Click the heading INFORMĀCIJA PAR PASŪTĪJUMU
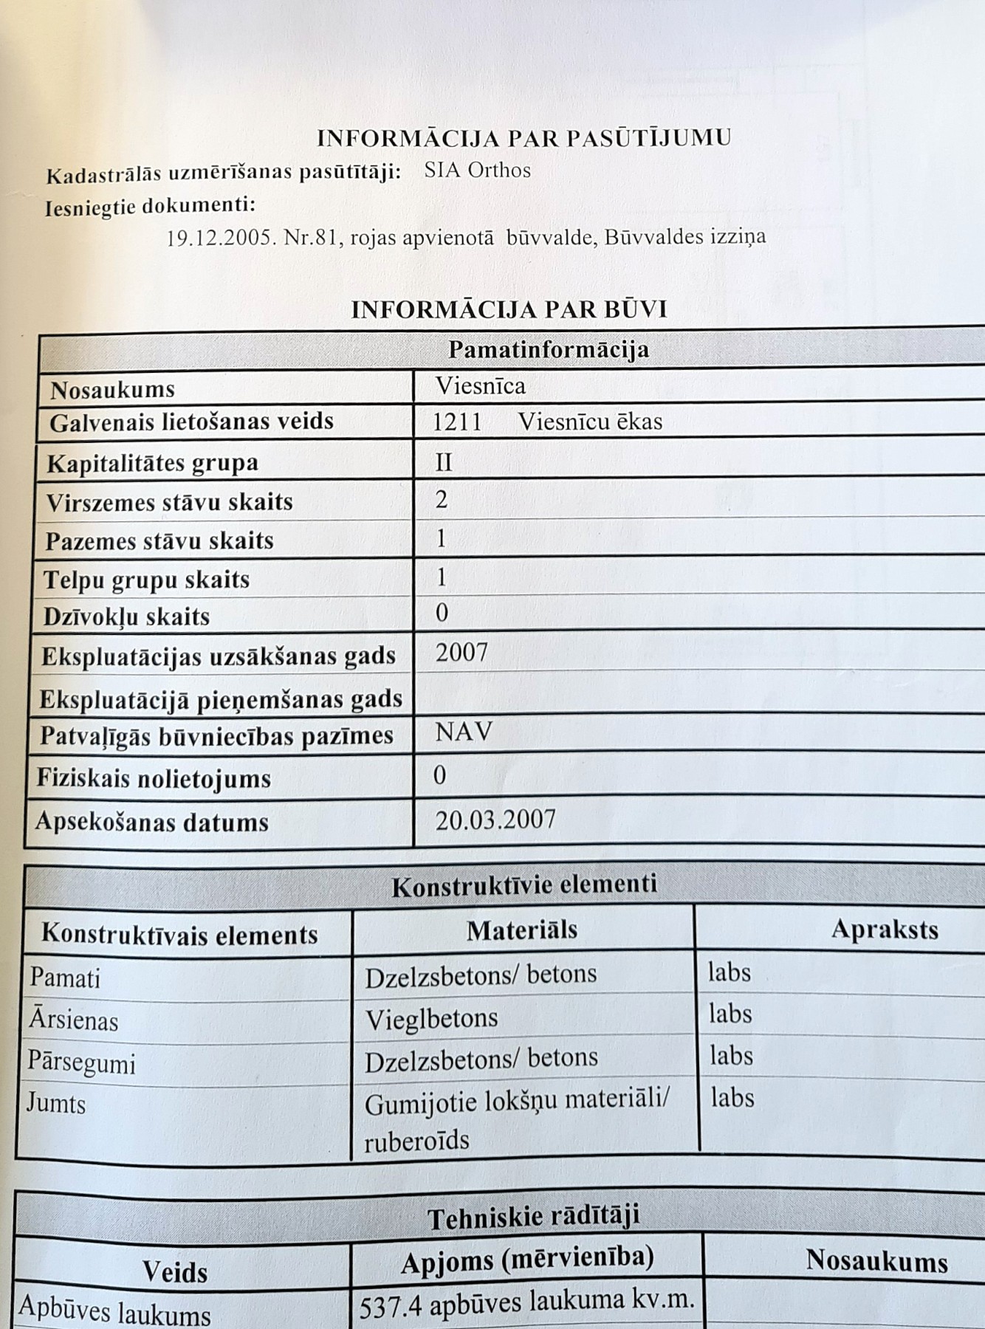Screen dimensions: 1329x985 coord(524,138)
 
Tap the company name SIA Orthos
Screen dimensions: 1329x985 coord(477,171)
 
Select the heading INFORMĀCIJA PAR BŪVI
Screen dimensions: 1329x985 coord(509,309)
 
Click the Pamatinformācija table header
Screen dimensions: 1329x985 coord(548,349)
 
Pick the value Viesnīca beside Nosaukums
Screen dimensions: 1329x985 coord(480,385)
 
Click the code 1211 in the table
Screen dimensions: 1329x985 coord(456,422)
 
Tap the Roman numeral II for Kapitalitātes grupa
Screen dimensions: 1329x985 coord(443,462)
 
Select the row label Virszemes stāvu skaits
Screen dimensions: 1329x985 coord(169,502)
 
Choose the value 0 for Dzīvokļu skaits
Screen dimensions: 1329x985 coord(442,613)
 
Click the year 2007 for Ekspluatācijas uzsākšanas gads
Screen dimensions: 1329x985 coord(461,653)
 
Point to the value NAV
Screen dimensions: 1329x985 coord(463,732)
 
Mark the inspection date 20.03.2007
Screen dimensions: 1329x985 coord(495,820)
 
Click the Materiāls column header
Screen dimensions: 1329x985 coord(521,930)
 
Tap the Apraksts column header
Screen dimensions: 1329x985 coord(884,929)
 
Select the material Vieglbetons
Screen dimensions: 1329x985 coord(431,1019)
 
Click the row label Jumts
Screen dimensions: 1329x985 coord(56,1104)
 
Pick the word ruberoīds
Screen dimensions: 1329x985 coord(416,1141)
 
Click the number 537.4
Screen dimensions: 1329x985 coord(390,1308)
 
